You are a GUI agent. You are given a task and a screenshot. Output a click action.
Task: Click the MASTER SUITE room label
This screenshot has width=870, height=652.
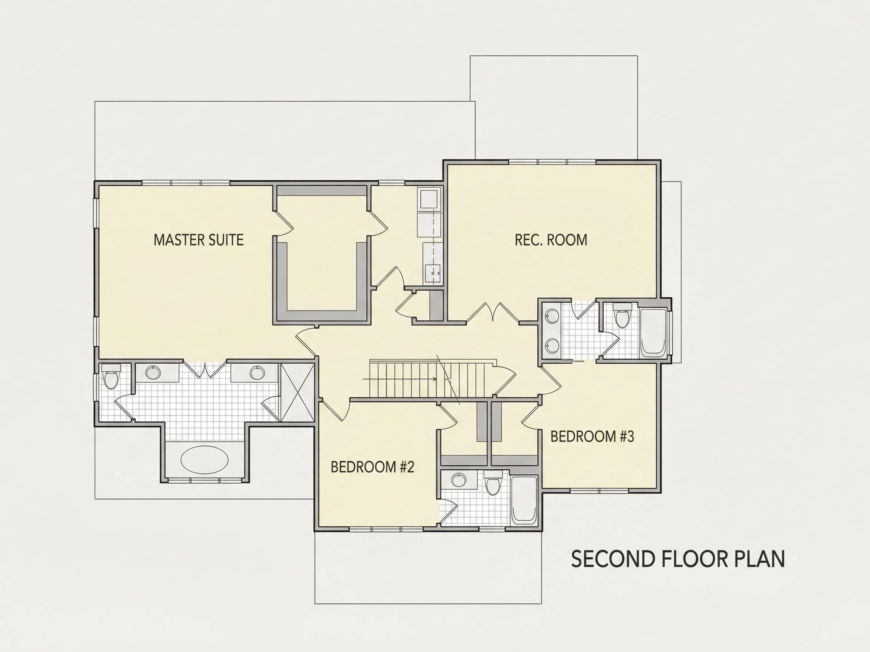coord(199,240)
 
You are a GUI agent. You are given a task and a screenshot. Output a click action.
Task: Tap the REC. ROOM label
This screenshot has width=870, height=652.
coord(551,240)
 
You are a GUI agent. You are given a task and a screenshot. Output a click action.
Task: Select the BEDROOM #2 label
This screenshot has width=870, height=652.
coord(372,467)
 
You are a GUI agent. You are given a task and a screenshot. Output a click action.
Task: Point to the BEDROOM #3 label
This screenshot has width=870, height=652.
coord(592,436)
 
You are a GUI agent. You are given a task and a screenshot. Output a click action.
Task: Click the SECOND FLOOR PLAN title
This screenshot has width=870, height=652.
coord(678,559)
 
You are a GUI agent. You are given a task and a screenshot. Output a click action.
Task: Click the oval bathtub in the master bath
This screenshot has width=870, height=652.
coord(204,460)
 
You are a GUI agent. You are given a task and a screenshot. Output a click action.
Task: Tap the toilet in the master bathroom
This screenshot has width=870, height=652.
coord(111,376)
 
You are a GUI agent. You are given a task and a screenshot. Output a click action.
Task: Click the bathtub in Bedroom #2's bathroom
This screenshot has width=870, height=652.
coord(524,500)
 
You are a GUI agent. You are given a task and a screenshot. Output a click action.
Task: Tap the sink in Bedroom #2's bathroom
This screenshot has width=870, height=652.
coord(458,480)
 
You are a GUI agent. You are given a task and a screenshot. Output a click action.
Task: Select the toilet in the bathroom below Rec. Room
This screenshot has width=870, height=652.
coord(622,315)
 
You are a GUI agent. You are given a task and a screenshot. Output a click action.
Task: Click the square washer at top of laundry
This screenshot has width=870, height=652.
coord(430,199)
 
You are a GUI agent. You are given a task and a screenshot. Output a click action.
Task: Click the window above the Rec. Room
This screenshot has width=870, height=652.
coord(552,161)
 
